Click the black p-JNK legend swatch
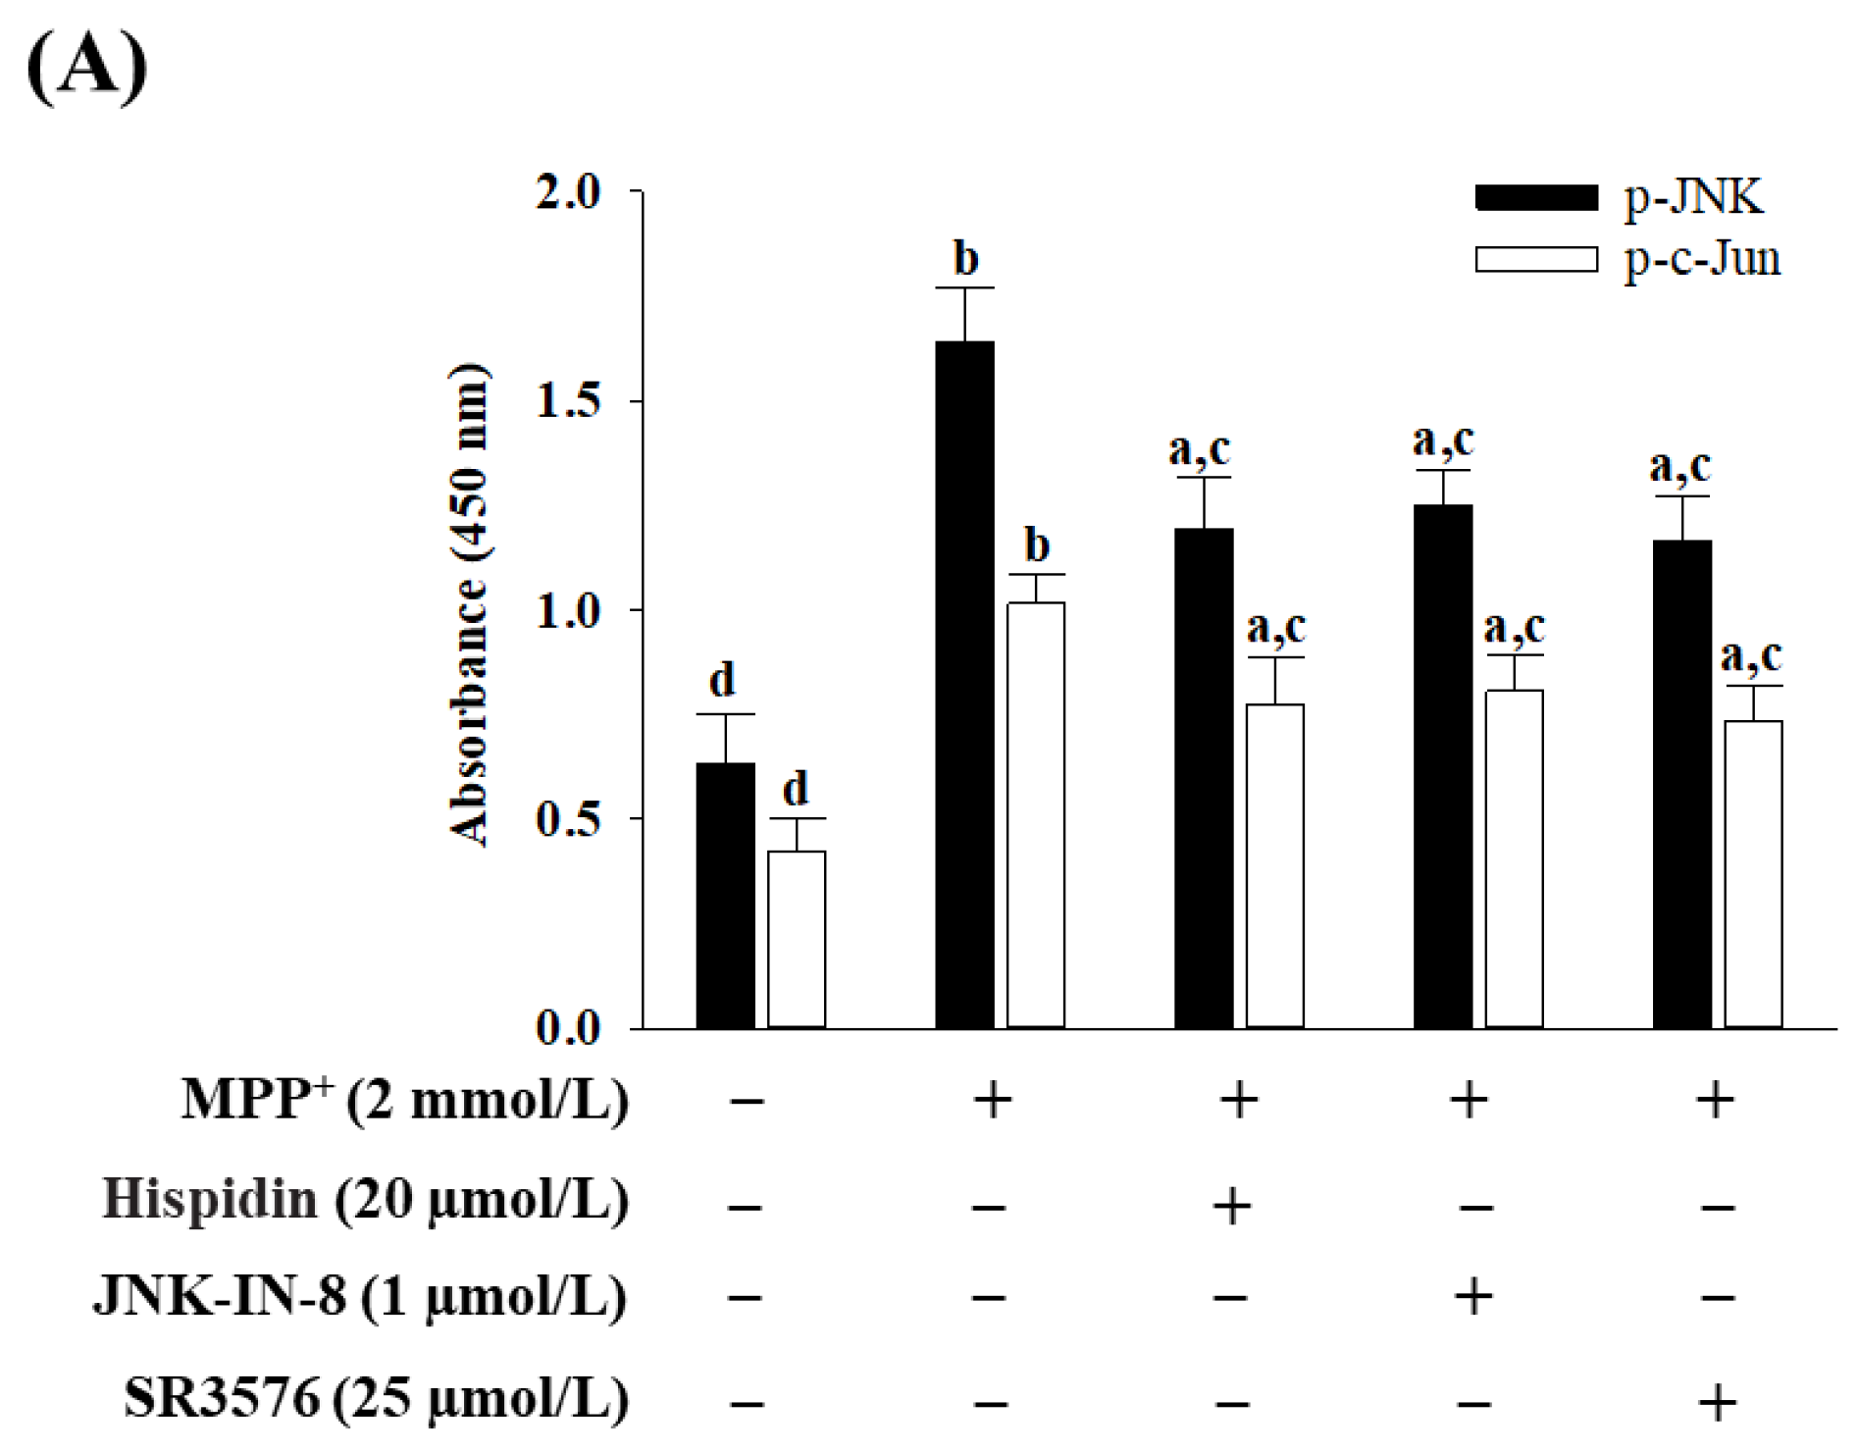[1536, 197]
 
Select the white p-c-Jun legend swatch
[1536, 259]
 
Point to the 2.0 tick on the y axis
[569, 192]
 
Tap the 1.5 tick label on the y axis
[569, 401]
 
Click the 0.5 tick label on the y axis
[569, 819]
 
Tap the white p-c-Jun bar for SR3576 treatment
[1753, 874]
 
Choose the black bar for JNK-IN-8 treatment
[1442, 766]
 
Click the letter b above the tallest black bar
[966, 258]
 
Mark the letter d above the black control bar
[722, 679]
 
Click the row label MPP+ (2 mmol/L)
[404, 1100]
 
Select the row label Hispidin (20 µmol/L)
[365, 1200]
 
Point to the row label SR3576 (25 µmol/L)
[376, 1398]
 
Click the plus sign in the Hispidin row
[1232, 1204]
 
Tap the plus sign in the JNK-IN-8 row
[1473, 1298]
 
